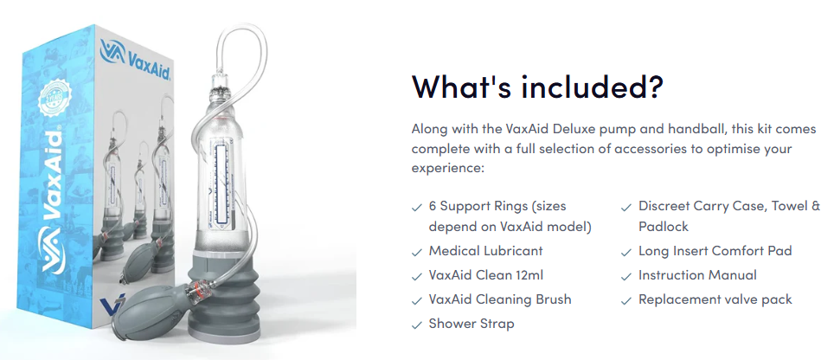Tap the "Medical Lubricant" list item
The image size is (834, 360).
tap(485, 251)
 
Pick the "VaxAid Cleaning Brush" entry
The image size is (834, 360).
tap(500, 299)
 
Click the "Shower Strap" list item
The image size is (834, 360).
tap(472, 324)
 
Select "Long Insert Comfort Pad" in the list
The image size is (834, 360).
tap(715, 251)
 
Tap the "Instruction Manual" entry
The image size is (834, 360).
tap(697, 275)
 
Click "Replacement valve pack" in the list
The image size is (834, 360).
tap(715, 299)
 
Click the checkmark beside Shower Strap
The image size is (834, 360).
tap(418, 325)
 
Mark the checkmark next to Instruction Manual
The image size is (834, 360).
tap(627, 276)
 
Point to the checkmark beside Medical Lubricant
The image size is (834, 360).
tap(418, 252)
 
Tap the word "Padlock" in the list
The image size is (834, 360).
tap(663, 227)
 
